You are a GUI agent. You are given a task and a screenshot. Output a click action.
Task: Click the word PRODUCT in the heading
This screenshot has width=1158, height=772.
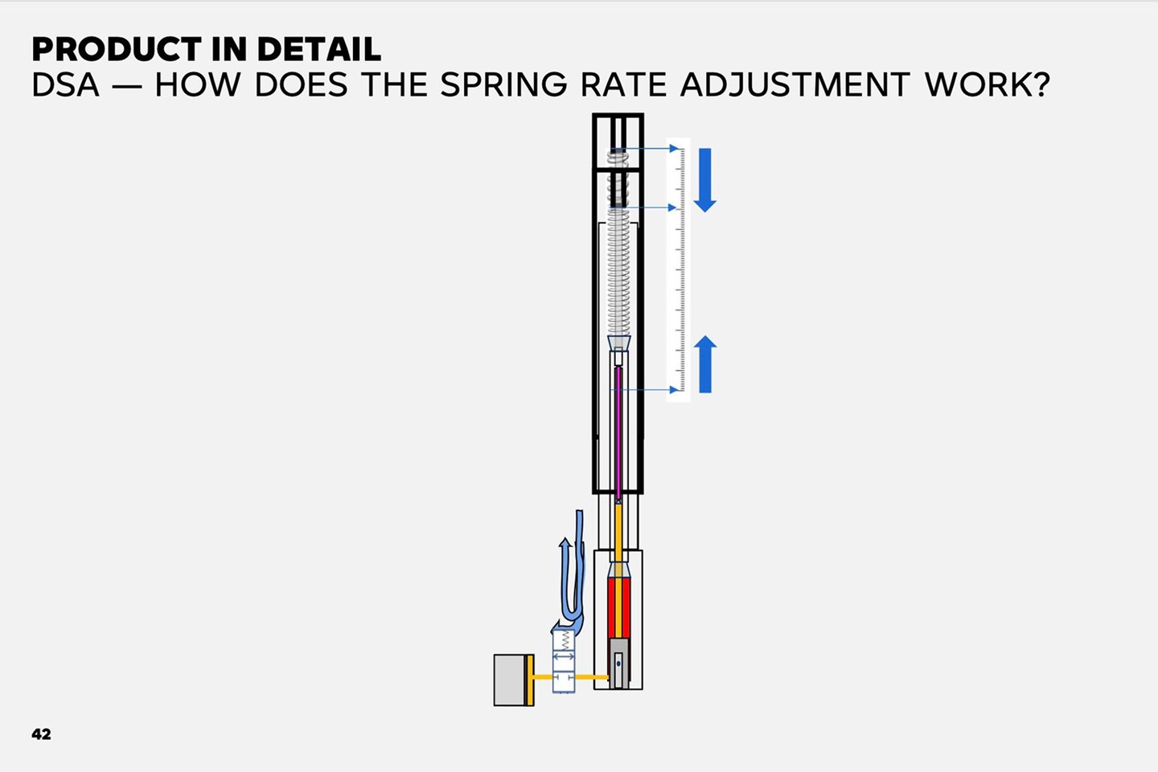pos(117,49)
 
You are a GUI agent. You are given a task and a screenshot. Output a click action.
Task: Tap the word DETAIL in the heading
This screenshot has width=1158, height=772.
pos(319,49)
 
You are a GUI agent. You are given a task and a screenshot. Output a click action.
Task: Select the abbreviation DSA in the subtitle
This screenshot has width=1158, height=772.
pos(65,84)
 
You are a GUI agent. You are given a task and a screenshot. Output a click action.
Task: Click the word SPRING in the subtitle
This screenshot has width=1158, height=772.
pos(503,84)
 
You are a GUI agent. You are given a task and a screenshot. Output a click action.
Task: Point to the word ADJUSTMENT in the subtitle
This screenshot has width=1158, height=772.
pos(795,84)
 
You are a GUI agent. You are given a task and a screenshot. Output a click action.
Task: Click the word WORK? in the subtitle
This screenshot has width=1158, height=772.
pos(988,84)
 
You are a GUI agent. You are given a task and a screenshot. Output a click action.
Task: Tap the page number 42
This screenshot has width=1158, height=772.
pos(41,733)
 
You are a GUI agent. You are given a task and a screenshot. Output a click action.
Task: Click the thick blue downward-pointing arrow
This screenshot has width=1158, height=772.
pos(704,180)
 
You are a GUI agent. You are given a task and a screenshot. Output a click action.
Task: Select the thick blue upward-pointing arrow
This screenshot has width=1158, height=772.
pos(705,364)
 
